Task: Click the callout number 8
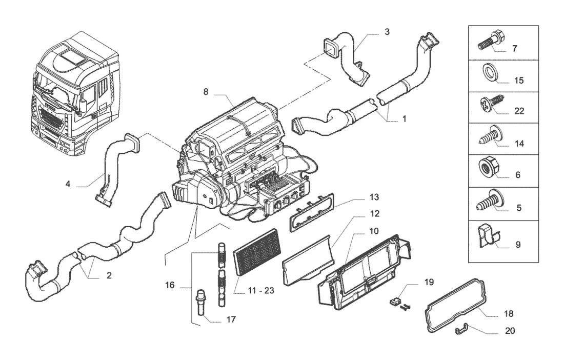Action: point(206,92)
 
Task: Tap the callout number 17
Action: point(231,319)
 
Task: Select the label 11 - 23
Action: point(261,290)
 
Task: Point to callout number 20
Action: point(510,330)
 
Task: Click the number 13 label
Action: point(374,197)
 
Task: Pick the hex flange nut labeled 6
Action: point(488,168)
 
